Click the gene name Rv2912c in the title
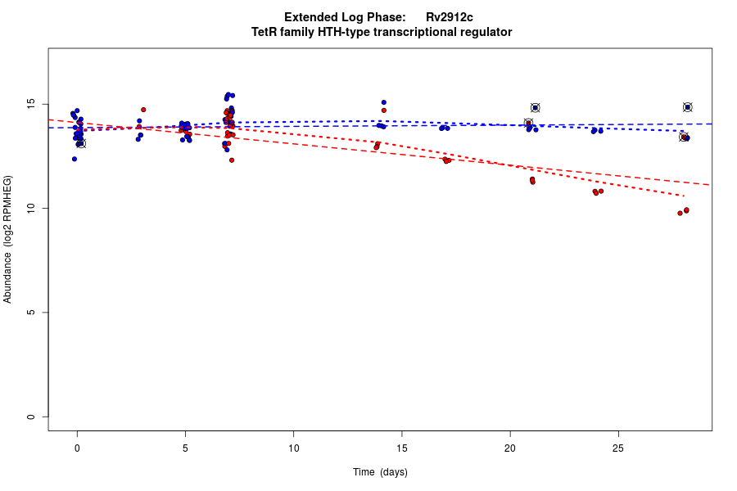click(449, 17)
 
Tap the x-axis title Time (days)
click(380, 472)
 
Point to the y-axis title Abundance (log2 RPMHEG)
click(8, 239)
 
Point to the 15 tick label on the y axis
click(30, 105)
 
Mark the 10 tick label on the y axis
click(30, 209)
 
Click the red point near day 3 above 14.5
click(143, 110)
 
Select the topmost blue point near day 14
click(383, 102)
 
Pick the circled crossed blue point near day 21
click(535, 107)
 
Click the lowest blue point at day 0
click(75, 159)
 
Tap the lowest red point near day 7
click(232, 160)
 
